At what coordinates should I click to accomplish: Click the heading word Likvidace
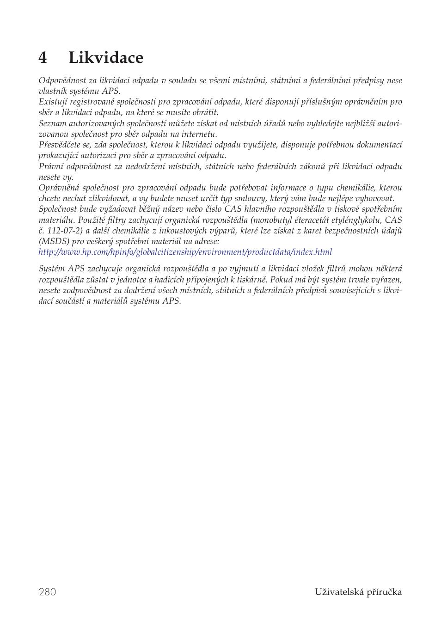coord(106,58)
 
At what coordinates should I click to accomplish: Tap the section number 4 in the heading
coord(43,58)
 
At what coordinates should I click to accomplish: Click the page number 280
coord(48,592)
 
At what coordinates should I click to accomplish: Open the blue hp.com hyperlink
coord(185,252)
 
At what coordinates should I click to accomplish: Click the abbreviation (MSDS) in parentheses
coord(54,241)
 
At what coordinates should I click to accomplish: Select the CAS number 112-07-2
coord(65,231)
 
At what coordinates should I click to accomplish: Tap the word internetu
coord(199,134)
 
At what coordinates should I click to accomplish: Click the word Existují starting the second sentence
coord(53,102)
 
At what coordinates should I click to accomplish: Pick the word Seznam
coord(52,123)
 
